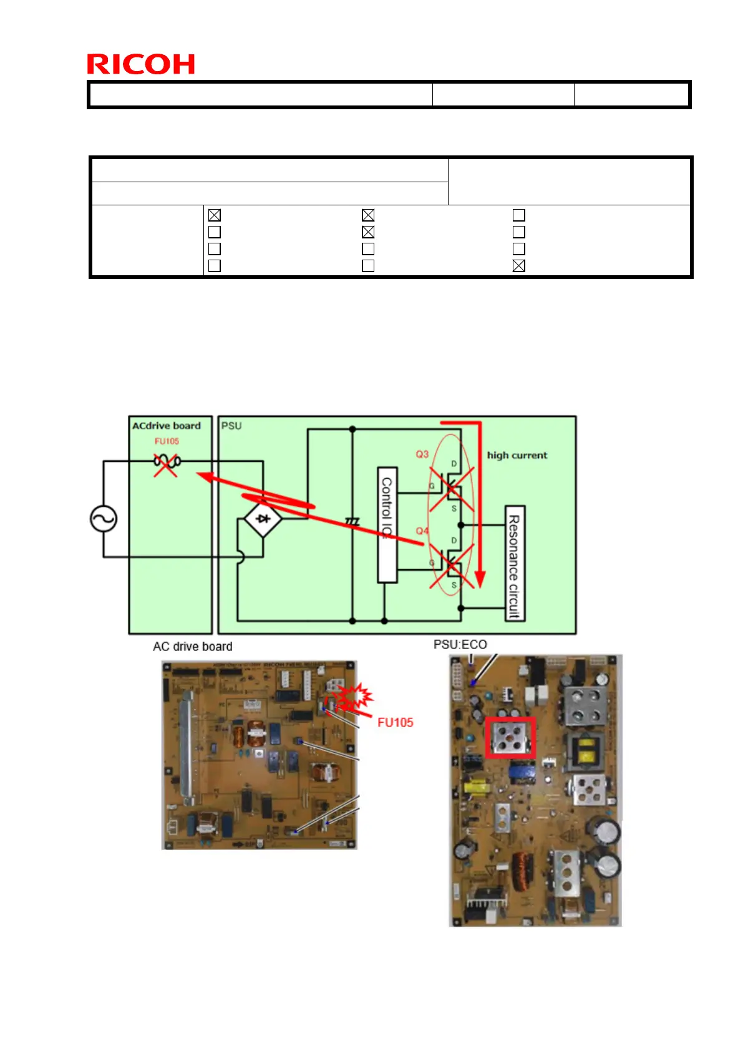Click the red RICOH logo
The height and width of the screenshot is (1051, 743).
140,64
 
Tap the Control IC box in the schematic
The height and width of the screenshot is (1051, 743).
387,525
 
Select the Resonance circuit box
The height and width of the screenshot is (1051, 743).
514,563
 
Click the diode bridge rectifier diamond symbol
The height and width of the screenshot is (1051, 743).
263,518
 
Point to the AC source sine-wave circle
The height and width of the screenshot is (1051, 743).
104,519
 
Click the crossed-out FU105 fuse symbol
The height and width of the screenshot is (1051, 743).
166,462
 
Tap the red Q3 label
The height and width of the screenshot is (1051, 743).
422,454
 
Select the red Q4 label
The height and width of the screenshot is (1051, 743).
422,530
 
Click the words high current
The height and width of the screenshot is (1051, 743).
517,455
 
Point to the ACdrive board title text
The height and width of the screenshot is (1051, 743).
166,426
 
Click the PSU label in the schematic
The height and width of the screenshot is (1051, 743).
231,426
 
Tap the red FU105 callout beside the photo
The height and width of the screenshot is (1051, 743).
395,722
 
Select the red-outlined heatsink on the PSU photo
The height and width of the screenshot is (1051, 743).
510,738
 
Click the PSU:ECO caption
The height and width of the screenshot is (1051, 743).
460,644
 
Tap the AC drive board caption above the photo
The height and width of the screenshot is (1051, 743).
192,647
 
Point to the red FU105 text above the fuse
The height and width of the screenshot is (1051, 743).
167,441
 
